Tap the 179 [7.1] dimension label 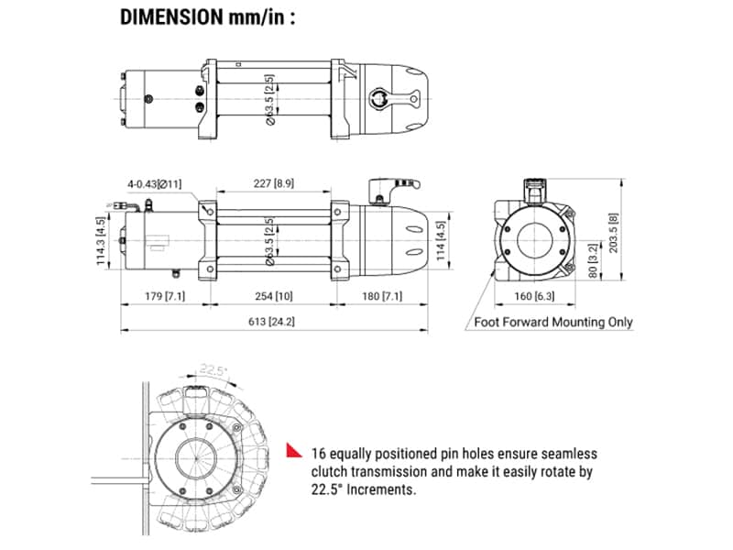pyautogui.click(x=166, y=296)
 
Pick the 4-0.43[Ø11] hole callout pyautogui.click(x=155, y=184)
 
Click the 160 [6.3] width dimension pyautogui.click(x=531, y=296)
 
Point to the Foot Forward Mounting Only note pyautogui.click(x=552, y=322)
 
